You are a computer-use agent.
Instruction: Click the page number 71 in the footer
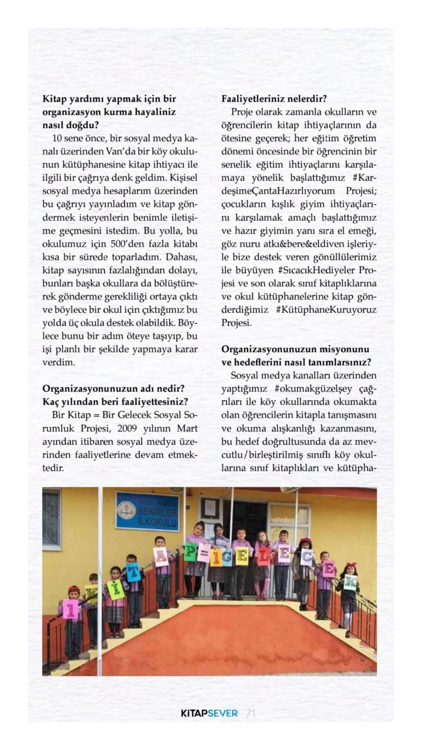[250, 713]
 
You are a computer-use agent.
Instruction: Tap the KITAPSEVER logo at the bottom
[209, 713]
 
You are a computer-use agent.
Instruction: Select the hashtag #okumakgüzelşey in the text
[313, 388]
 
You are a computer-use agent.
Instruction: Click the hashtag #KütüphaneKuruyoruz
[326, 309]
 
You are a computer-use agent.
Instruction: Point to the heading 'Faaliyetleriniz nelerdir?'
[274, 99]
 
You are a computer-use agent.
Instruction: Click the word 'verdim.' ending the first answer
[54, 362]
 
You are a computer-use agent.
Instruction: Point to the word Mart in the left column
[187, 428]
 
